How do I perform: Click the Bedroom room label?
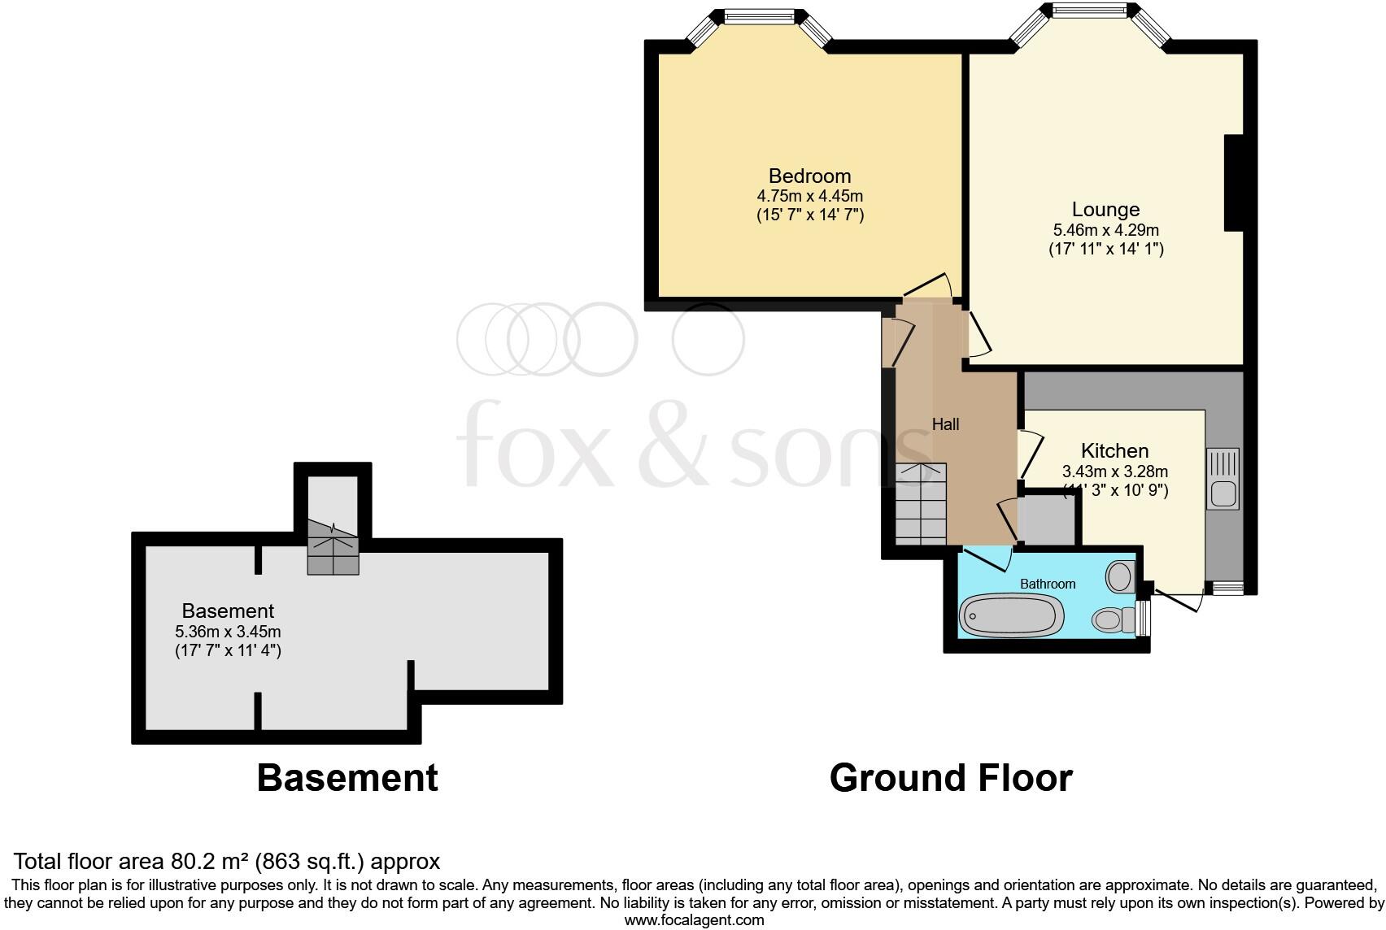point(809,176)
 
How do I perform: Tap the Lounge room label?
point(1105,209)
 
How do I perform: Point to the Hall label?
point(945,424)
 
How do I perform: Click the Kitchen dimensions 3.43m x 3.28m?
point(1114,472)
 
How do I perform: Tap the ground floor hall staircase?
point(921,504)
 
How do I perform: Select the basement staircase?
point(333,546)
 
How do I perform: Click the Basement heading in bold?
point(347,778)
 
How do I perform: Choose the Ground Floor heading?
point(950,778)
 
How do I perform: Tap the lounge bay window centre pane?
point(1089,11)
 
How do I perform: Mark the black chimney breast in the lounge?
point(1234,183)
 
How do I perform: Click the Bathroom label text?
point(1048,584)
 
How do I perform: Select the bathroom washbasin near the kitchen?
point(1121,576)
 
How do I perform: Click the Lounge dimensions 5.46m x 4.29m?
point(1105,230)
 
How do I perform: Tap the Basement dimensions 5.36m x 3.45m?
point(228,632)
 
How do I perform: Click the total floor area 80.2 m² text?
point(227,861)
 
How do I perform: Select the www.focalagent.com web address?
point(693,920)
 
